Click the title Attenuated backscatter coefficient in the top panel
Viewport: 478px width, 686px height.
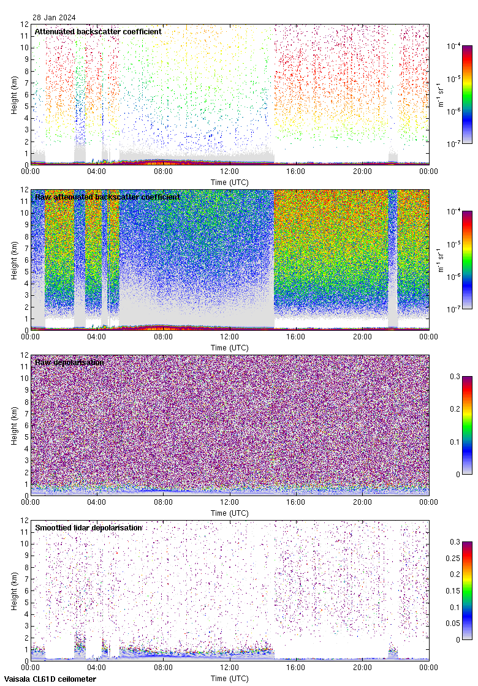pos(98,31)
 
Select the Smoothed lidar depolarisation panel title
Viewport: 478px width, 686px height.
pos(89,527)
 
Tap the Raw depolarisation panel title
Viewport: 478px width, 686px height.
pos(69,362)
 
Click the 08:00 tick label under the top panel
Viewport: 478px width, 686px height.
pos(163,171)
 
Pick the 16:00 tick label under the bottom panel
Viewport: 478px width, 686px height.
pos(296,668)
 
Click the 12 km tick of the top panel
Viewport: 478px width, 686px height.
pos(25,24)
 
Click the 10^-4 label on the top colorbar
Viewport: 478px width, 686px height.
pos(454,46)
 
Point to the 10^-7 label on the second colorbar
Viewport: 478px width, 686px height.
pos(454,309)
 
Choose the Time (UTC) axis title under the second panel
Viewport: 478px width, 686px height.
pos(229,348)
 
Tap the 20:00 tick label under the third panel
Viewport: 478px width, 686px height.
pos(362,502)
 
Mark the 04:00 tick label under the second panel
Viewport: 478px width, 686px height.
pos(97,337)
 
